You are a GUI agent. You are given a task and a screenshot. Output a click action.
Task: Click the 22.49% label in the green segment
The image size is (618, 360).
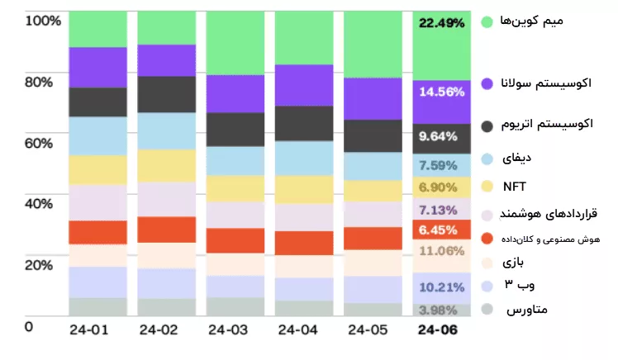pos(442,23)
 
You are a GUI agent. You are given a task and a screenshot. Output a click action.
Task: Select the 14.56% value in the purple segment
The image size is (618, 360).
pos(442,92)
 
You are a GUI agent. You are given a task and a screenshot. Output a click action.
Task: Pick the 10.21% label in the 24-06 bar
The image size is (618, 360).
pos(443,287)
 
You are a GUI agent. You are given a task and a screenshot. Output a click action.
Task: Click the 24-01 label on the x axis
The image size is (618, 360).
pos(90,330)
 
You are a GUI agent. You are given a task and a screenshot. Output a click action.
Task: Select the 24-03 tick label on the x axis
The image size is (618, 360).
pos(227,330)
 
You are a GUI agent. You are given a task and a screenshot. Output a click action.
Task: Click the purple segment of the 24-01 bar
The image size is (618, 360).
pos(98,68)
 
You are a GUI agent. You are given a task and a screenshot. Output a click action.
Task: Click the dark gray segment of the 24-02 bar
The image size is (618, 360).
pos(166,94)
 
